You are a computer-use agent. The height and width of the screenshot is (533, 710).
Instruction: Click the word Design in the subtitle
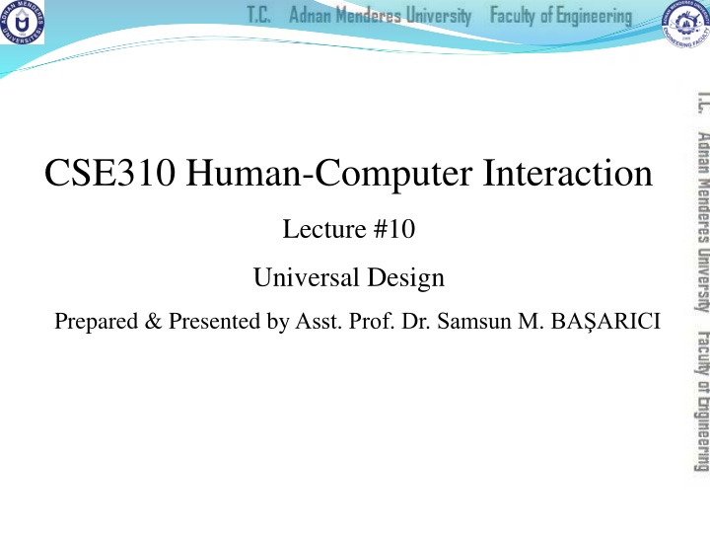click(406, 278)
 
